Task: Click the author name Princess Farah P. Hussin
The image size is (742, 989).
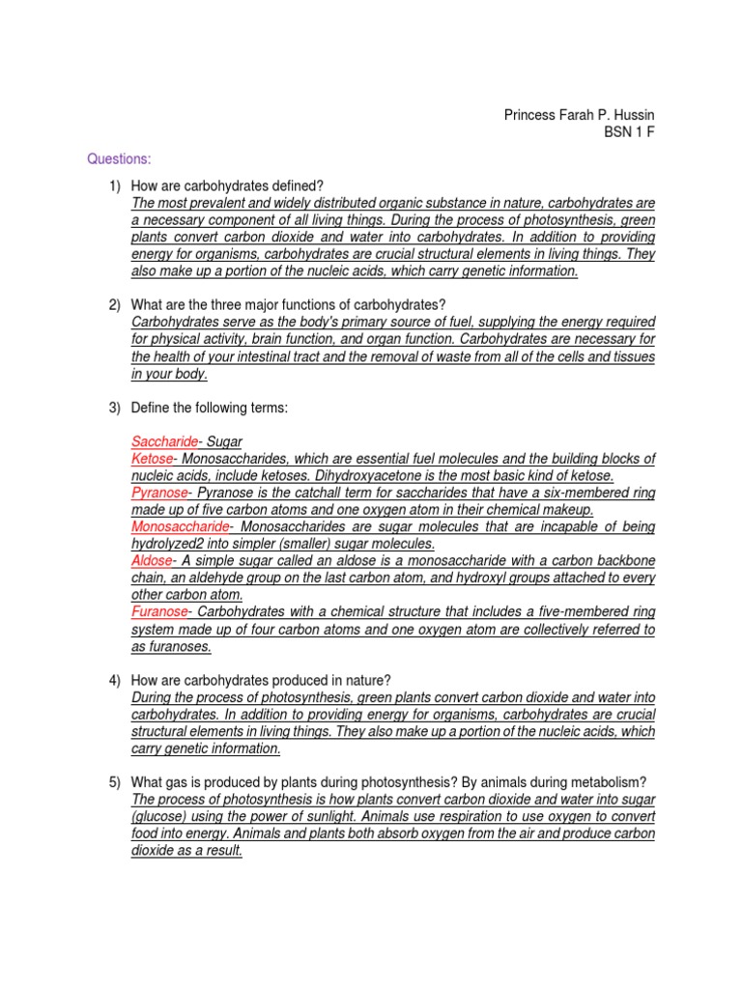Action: [580, 115]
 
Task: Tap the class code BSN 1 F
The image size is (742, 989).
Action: [629, 132]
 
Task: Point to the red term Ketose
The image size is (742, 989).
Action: [153, 458]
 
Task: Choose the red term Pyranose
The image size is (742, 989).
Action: [160, 493]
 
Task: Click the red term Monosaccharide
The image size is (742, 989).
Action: [181, 527]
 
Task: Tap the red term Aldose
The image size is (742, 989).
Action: [153, 561]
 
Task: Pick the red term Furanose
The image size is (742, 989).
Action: [160, 612]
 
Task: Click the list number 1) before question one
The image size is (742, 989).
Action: [115, 185]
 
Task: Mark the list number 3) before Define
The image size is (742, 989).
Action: [115, 409]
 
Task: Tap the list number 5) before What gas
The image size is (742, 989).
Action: [115, 782]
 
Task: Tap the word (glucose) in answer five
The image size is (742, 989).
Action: [159, 817]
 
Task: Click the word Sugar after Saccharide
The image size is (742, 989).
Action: [227, 440]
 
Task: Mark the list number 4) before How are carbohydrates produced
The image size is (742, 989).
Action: [115, 680]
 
